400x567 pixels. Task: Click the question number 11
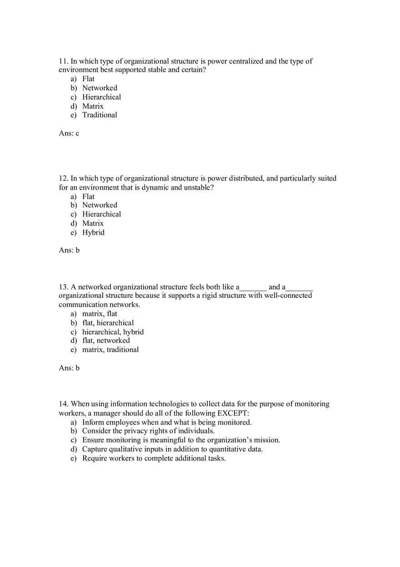tap(63, 61)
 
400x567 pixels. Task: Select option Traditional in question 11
tap(100, 115)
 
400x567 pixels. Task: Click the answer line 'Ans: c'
tap(69, 133)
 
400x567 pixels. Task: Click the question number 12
tap(63, 179)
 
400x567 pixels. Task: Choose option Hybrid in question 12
tap(93, 232)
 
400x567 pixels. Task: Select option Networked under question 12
tap(100, 205)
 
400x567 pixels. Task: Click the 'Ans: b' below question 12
tap(69, 250)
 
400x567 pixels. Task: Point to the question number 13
tap(63, 287)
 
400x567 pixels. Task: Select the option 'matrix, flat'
tap(100, 314)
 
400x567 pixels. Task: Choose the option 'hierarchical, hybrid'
tap(113, 332)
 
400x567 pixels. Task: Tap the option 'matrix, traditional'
tap(110, 350)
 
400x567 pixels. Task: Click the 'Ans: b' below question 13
tap(69, 368)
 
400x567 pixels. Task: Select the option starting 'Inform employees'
tap(166, 422)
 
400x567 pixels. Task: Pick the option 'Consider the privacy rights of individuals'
tap(148, 431)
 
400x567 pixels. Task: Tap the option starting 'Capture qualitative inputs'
tap(172, 449)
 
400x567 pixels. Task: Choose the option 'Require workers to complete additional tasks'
tap(154, 458)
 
